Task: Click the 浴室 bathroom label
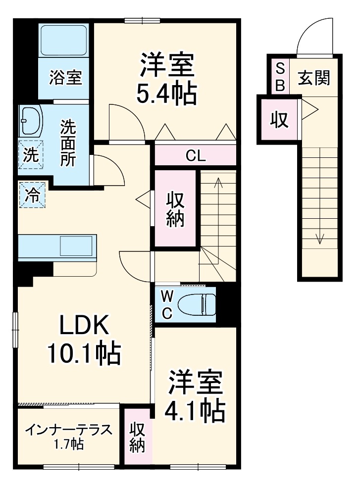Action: (x=65, y=78)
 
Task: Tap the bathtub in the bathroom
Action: (x=64, y=40)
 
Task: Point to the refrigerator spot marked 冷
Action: (x=32, y=195)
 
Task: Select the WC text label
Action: (x=167, y=304)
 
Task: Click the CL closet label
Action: (x=195, y=156)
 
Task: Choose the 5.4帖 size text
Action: (x=166, y=93)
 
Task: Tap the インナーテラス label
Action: (x=68, y=429)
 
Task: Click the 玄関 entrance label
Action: (x=314, y=78)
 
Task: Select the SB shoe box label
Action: (x=280, y=77)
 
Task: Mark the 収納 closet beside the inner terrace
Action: (x=137, y=437)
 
